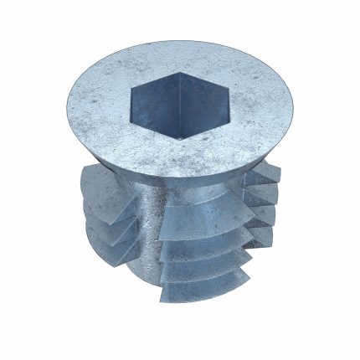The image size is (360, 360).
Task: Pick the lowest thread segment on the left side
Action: [x=113, y=243]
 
